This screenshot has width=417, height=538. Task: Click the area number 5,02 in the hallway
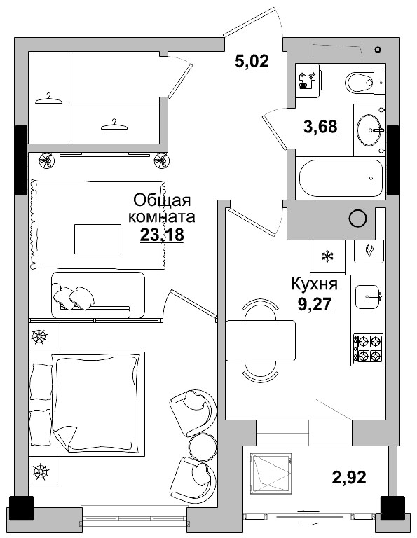click(252, 62)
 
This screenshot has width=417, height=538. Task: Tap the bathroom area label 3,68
click(320, 126)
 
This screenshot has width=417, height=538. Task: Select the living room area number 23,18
click(162, 235)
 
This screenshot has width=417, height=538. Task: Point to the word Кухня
click(315, 284)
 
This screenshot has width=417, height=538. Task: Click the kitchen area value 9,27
click(315, 304)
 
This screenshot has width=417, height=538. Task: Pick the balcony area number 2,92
click(349, 477)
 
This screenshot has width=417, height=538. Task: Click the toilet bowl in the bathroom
click(360, 83)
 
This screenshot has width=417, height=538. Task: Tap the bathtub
click(341, 178)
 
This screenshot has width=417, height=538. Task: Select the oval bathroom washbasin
click(369, 130)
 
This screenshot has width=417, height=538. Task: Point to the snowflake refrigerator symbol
click(327, 256)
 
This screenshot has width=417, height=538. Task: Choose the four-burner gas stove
click(367, 350)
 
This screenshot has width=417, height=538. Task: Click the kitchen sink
click(369, 297)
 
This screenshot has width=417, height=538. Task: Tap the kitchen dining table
click(261, 340)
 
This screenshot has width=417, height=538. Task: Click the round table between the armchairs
click(203, 446)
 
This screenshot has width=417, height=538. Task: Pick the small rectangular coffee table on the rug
click(98, 239)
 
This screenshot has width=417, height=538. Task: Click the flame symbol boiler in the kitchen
click(369, 251)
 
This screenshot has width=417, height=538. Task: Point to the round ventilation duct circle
click(358, 218)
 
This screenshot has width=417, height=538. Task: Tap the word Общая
click(162, 201)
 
